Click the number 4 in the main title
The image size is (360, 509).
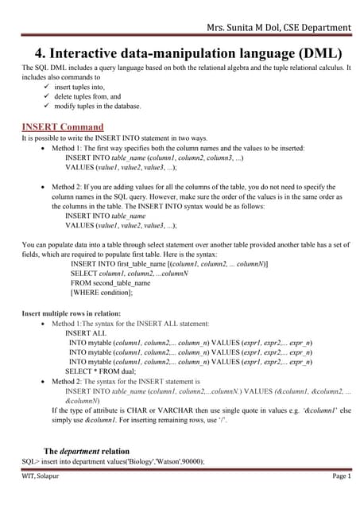coord(39,54)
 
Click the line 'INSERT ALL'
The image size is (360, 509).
coord(85,333)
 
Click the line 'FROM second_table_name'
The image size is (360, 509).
coord(110,283)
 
